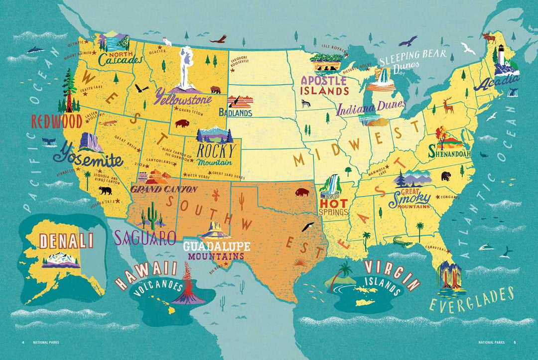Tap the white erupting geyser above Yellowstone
186,67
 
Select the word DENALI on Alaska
66,241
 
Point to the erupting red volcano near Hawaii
187,289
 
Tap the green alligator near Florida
402,242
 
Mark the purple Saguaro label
145,238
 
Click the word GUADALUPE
216,246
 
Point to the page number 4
23,342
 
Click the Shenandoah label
450,154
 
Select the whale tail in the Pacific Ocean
49,142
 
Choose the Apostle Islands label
324,85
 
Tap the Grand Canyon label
163,189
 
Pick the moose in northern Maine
488,37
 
